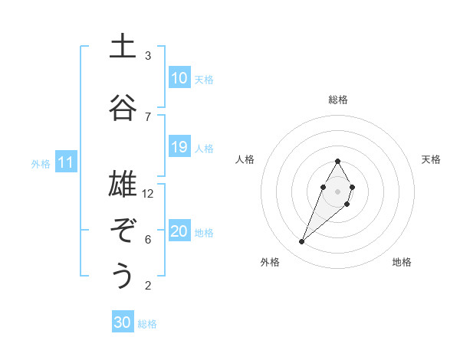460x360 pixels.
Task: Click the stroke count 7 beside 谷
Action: (148, 116)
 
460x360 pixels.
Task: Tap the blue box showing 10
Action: (179, 78)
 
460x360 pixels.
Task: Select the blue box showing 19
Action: (179, 147)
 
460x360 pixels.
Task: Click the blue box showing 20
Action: (179, 231)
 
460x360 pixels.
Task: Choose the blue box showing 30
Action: (123, 322)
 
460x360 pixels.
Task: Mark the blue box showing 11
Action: (66, 162)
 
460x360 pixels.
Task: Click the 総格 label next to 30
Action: (147, 324)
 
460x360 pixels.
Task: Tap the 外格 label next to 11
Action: (41, 163)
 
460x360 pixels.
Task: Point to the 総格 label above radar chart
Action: (338, 100)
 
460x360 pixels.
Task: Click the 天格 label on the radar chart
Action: (431, 159)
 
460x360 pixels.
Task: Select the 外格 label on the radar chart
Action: (270, 263)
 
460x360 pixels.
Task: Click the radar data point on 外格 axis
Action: (302, 242)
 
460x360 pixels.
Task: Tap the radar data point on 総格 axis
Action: (338, 161)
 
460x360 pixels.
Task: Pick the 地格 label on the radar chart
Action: (402, 263)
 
